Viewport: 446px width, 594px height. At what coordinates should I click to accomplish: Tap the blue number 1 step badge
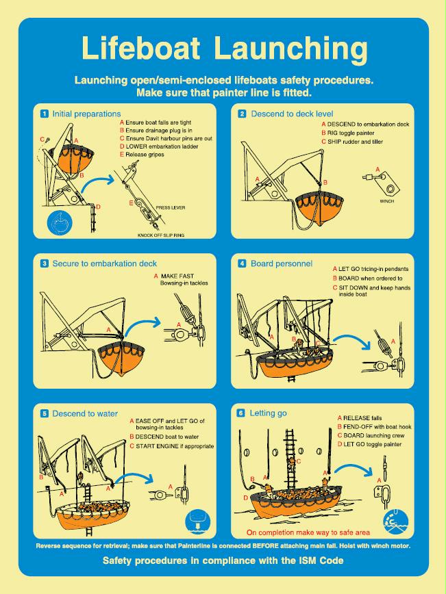(x=45, y=114)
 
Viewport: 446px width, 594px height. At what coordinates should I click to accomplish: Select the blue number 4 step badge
(x=242, y=263)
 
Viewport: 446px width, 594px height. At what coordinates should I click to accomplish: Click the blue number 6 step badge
(x=240, y=413)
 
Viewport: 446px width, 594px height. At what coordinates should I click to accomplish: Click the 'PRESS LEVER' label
(x=171, y=207)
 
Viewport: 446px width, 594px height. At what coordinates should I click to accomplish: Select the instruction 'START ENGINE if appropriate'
(x=174, y=446)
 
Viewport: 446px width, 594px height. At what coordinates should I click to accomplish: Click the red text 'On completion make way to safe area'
(x=317, y=532)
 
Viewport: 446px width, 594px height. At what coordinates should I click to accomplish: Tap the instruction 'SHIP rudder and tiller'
(x=354, y=142)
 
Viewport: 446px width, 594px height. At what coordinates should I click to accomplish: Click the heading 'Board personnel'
(x=281, y=263)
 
